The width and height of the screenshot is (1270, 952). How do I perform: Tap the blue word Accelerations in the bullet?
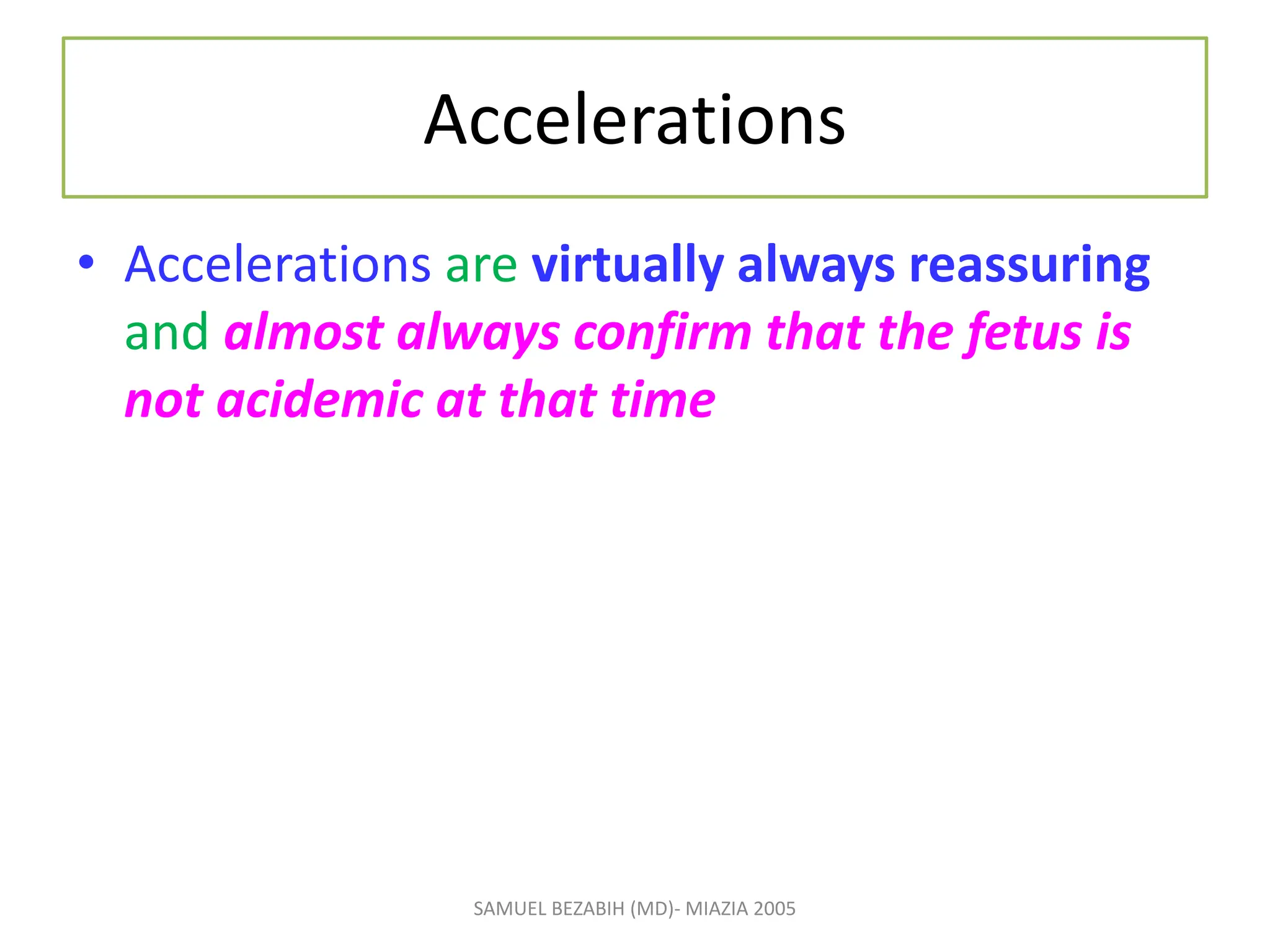[x=277, y=265]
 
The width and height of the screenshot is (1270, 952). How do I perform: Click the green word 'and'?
[x=166, y=333]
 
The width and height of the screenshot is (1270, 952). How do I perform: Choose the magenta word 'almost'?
[x=304, y=333]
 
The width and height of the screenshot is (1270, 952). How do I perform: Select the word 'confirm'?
[x=663, y=333]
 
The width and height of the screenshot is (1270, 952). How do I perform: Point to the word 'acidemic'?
[x=319, y=400]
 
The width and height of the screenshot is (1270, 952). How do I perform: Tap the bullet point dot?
[x=86, y=263]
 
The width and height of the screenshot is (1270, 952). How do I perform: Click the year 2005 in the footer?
[x=775, y=909]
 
